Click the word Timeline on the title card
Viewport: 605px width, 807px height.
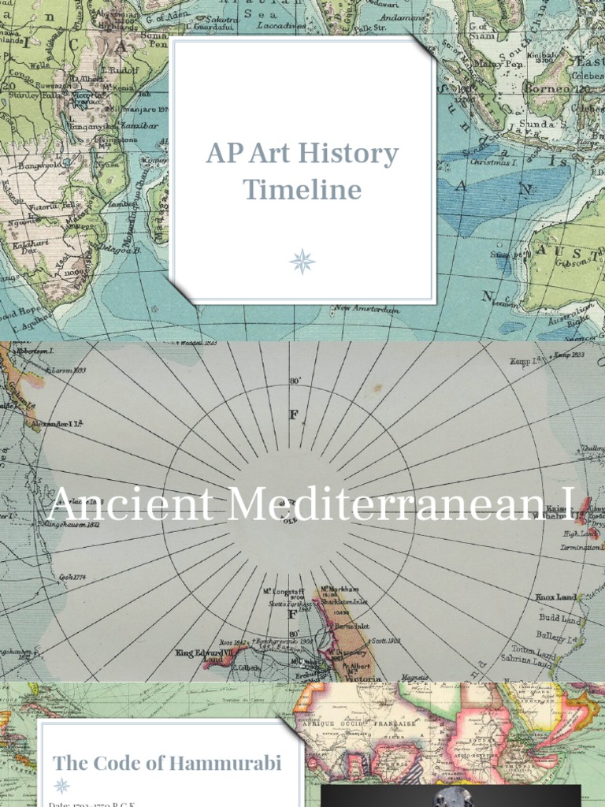click(302, 190)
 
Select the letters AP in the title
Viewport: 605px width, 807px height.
click(222, 154)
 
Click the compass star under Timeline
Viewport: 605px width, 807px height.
click(302, 261)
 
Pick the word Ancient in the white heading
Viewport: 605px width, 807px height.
click(130, 505)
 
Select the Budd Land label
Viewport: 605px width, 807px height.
click(559, 620)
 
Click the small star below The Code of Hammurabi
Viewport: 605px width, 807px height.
click(61, 786)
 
